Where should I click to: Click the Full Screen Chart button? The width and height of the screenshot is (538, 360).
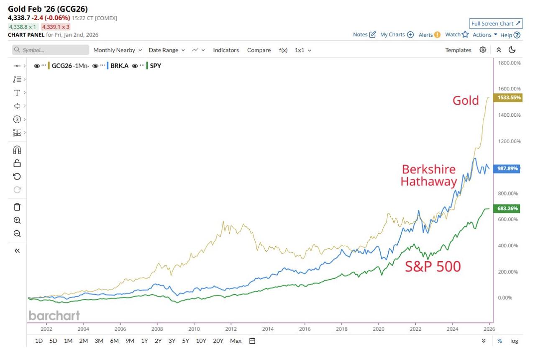496,23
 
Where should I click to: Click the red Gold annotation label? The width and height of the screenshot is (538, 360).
466,100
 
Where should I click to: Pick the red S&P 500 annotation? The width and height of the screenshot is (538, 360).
433,266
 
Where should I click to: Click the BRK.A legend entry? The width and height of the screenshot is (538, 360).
119,66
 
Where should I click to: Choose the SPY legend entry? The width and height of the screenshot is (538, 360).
155,66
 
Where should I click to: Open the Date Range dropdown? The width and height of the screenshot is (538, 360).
166,50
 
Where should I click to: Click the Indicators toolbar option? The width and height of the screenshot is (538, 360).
226,50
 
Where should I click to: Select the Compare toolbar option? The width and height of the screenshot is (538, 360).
259,50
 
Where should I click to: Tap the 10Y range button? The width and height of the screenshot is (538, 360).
201,341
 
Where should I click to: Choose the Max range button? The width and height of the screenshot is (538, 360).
236,341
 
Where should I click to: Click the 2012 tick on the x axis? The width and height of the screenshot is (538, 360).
231,329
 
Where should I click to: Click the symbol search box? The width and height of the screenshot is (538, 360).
51,50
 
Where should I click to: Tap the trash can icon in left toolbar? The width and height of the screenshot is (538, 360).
17,207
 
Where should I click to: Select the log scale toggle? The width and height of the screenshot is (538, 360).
514,341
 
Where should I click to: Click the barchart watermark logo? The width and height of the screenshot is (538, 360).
54,315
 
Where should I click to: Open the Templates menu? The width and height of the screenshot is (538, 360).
458,50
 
